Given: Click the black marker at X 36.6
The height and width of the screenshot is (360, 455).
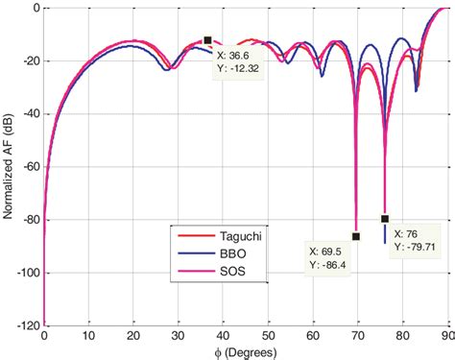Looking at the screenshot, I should pos(207,40).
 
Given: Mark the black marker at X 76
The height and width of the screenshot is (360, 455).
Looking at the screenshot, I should pos(385,219).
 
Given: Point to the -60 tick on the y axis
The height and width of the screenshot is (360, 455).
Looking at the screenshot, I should pos(26,167).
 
